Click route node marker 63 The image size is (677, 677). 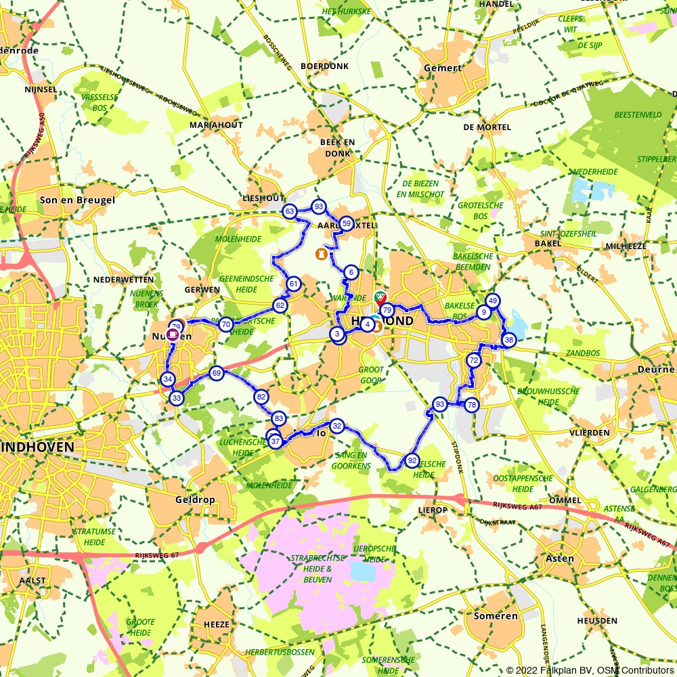click(290, 212)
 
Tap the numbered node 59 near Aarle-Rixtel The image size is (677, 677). click(346, 223)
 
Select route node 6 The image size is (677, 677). click(351, 272)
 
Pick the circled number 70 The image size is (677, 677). click(226, 325)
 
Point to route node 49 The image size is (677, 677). click(493, 301)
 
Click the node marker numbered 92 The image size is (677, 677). click(412, 460)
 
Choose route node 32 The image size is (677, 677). click(337, 426)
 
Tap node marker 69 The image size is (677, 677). click(217, 373)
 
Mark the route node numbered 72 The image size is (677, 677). click(474, 361)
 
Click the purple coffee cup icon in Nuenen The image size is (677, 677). click(174, 334)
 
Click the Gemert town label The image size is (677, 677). click(443, 68)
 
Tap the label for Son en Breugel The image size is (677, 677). click(77, 200)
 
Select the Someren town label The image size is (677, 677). click(496, 616)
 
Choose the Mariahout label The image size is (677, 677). click(216, 126)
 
